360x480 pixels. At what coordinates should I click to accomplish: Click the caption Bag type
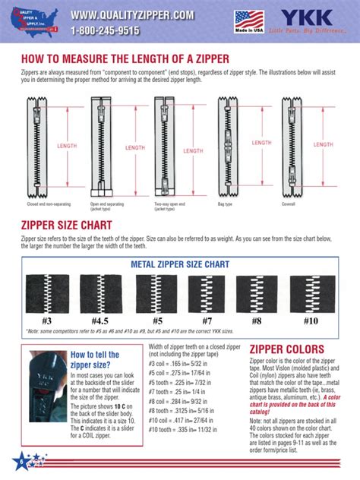point(226,204)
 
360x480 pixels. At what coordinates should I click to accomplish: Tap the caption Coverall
point(289,204)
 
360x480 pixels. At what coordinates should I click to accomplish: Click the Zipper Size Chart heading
point(68,226)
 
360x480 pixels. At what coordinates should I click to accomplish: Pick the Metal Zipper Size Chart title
point(180,264)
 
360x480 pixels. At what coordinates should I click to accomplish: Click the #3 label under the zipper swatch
point(46,320)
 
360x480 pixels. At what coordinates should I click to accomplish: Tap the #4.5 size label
point(99,320)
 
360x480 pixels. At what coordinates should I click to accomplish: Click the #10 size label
point(311,320)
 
